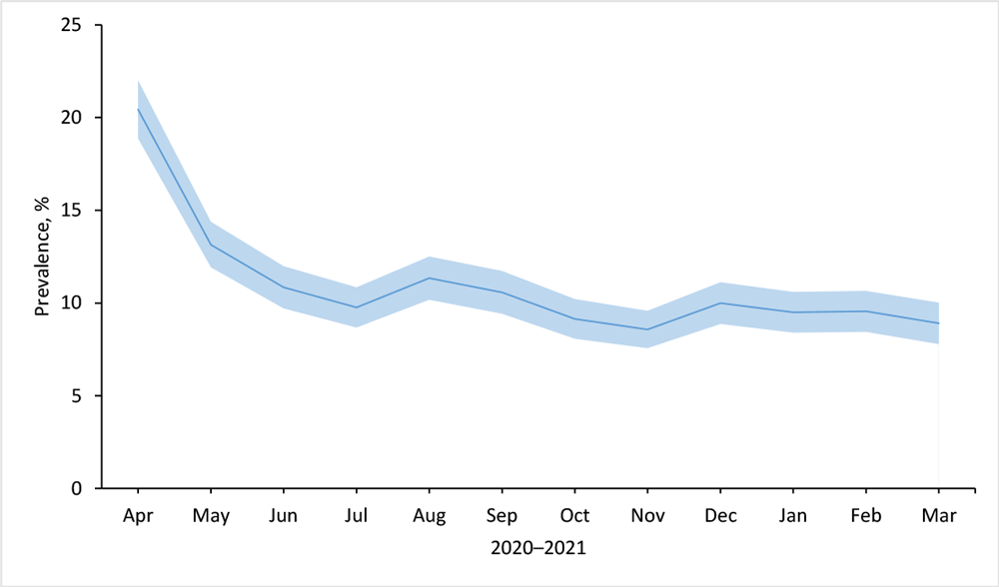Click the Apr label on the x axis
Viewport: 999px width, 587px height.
pos(138,516)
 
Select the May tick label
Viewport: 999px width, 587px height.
pos(211,516)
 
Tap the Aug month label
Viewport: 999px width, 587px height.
pos(429,516)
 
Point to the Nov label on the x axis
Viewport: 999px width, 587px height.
pos(647,516)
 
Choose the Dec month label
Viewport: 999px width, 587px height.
pos(720,516)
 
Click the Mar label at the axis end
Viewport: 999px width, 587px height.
pos(939,516)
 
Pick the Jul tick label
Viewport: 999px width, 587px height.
pos(357,516)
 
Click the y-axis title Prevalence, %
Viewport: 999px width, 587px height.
pos(42,257)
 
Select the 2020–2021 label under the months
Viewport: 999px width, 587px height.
pos(537,548)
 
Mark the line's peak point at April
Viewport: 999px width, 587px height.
pos(138,109)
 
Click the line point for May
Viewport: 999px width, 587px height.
pos(211,245)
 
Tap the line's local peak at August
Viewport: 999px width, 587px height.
pos(429,278)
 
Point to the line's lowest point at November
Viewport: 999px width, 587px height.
pos(647,329)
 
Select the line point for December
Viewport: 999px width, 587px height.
pos(720,302)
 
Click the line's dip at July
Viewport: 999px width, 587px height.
pos(357,306)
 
